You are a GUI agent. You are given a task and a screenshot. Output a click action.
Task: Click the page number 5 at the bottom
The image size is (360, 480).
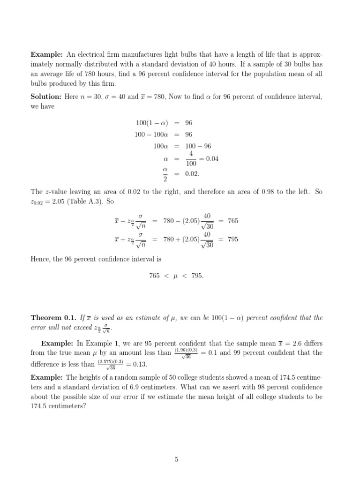click(177, 459)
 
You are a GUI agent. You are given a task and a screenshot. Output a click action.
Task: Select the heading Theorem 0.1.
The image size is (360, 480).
click(51, 318)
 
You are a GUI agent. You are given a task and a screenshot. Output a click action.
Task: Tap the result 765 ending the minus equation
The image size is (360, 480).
click(233, 221)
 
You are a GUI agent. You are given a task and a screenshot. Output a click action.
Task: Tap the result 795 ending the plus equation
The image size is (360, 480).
click(233, 239)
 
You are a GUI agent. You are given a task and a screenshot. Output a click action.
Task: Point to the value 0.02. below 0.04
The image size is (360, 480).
click(193, 174)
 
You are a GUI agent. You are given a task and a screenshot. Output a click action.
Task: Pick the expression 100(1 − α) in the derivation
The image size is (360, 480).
click(150, 123)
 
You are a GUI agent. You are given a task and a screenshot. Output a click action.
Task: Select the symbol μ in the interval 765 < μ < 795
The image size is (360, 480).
click(175, 276)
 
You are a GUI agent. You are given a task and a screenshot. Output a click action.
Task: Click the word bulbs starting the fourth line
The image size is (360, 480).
click(39, 84)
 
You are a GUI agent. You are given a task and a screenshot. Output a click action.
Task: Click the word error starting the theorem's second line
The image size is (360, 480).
click(39, 327)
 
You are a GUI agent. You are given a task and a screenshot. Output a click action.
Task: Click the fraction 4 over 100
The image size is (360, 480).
click(191, 159)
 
